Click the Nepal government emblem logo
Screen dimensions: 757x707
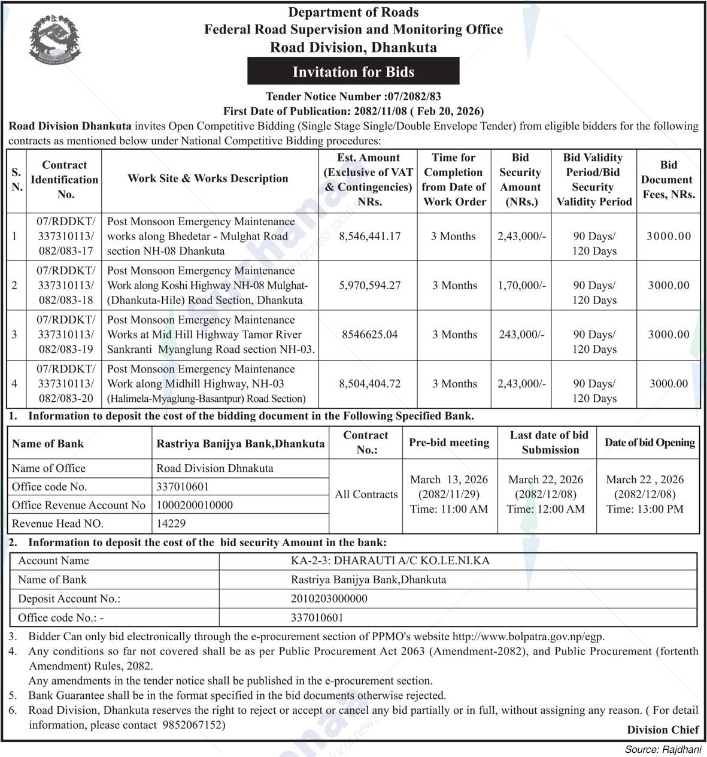click(x=54, y=40)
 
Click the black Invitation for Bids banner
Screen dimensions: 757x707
click(x=353, y=72)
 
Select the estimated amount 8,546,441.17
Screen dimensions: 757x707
click(x=369, y=236)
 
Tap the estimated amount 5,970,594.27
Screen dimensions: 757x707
click(x=369, y=285)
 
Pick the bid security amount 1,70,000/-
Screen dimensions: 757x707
click(x=521, y=285)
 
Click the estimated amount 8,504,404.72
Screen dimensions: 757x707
click(x=369, y=383)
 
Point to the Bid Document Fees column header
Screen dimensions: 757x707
click(x=668, y=179)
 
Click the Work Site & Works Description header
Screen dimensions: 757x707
click(x=208, y=178)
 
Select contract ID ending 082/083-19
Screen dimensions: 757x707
click(x=65, y=349)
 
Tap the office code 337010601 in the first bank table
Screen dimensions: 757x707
click(x=183, y=487)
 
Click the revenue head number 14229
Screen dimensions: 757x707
click(x=171, y=523)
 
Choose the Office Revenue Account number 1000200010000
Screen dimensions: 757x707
click(x=195, y=505)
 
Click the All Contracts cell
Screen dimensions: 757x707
click(x=366, y=494)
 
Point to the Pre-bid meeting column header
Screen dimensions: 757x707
click(x=449, y=443)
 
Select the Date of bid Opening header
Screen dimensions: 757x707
click(x=649, y=443)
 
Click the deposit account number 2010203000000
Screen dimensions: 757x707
click(x=329, y=598)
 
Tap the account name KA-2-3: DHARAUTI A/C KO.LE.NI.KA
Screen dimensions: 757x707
click(x=390, y=561)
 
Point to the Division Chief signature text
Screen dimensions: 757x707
click(x=663, y=729)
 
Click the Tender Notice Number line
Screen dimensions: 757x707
click(x=353, y=96)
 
